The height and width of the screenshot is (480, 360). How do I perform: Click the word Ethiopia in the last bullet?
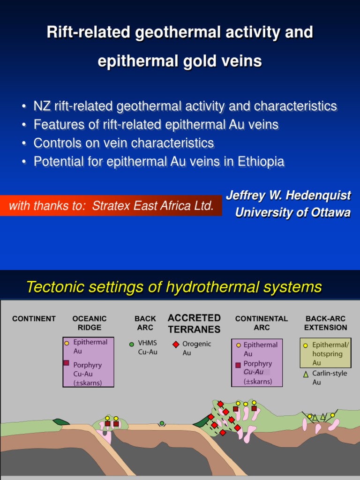pos(261,162)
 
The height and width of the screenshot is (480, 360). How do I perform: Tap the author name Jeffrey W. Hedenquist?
pos(288,195)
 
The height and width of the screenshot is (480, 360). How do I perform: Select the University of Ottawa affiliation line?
pos(292,212)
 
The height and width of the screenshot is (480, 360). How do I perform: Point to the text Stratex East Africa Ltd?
pos(153,205)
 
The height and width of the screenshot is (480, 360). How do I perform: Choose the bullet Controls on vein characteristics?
pos(124,143)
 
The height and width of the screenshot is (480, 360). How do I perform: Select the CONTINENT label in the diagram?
pos(34,319)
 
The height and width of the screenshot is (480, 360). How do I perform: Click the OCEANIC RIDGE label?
pos(90,323)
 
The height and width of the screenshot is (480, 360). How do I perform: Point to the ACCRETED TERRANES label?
pos(194,323)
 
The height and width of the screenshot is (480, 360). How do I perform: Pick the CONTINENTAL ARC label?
pos(262,323)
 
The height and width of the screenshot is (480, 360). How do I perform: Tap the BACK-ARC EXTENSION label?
pos(326,323)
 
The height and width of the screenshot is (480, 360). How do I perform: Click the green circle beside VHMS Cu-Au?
pos(132,344)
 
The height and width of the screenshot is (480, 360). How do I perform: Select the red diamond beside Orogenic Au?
pos(176,344)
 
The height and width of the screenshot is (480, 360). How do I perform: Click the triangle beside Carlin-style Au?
pos(306,375)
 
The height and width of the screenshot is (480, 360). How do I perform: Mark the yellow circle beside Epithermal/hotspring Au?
pos(306,345)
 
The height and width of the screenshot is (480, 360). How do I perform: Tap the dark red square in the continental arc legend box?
pos(238,365)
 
